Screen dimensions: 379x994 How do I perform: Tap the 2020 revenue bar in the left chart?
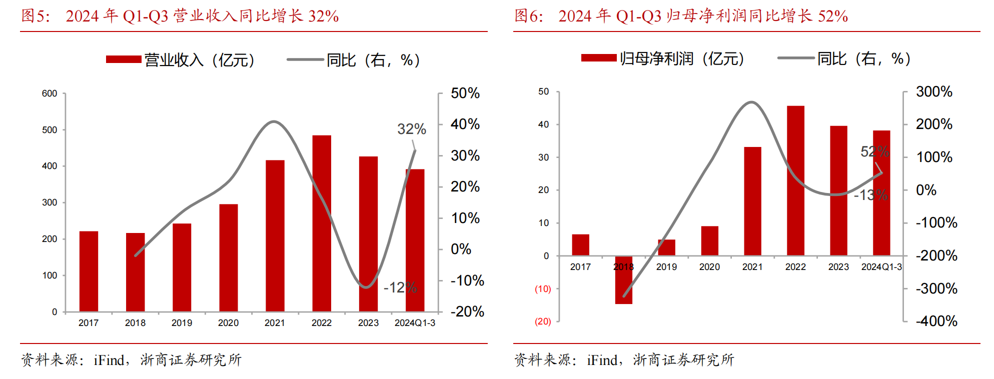pyautogui.click(x=228, y=258)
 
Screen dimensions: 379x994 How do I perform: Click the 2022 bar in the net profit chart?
pyautogui.click(x=795, y=180)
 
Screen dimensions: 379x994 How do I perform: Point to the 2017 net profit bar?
pyautogui.click(x=580, y=245)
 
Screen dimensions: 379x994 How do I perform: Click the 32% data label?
pyautogui.click(x=412, y=129)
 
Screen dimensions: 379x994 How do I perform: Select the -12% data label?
pyautogui.click(x=400, y=287)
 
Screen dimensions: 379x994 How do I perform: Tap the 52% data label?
pyautogui.click(x=874, y=151)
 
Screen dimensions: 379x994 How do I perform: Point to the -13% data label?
pyautogui.click(x=870, y=195)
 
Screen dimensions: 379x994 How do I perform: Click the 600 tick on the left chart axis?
pyautogui.click(x=50, y=93)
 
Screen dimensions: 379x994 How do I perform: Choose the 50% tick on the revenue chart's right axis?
pyautogui.click(x=465, y=93)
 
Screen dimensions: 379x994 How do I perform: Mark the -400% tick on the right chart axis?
pyautogui.click(x=936, y=321)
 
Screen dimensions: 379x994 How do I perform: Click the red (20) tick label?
pyautogui.click(x=543, y=321)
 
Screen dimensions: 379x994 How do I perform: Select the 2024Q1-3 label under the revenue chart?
pyautogui.click(x=415, y=323)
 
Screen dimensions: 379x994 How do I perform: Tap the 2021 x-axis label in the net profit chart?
pyautogui.click(x=752, y=267)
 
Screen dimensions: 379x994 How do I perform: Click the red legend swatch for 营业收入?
pyautogui.click(x=124, y=59)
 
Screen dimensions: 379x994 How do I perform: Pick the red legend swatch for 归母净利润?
pyautogui.click(x=599, y=58)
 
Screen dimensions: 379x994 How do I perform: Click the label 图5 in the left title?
pyautogui.click(x=35, y=16)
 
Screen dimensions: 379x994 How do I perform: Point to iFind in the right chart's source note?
pyautogui.click(x=602, y=360)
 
